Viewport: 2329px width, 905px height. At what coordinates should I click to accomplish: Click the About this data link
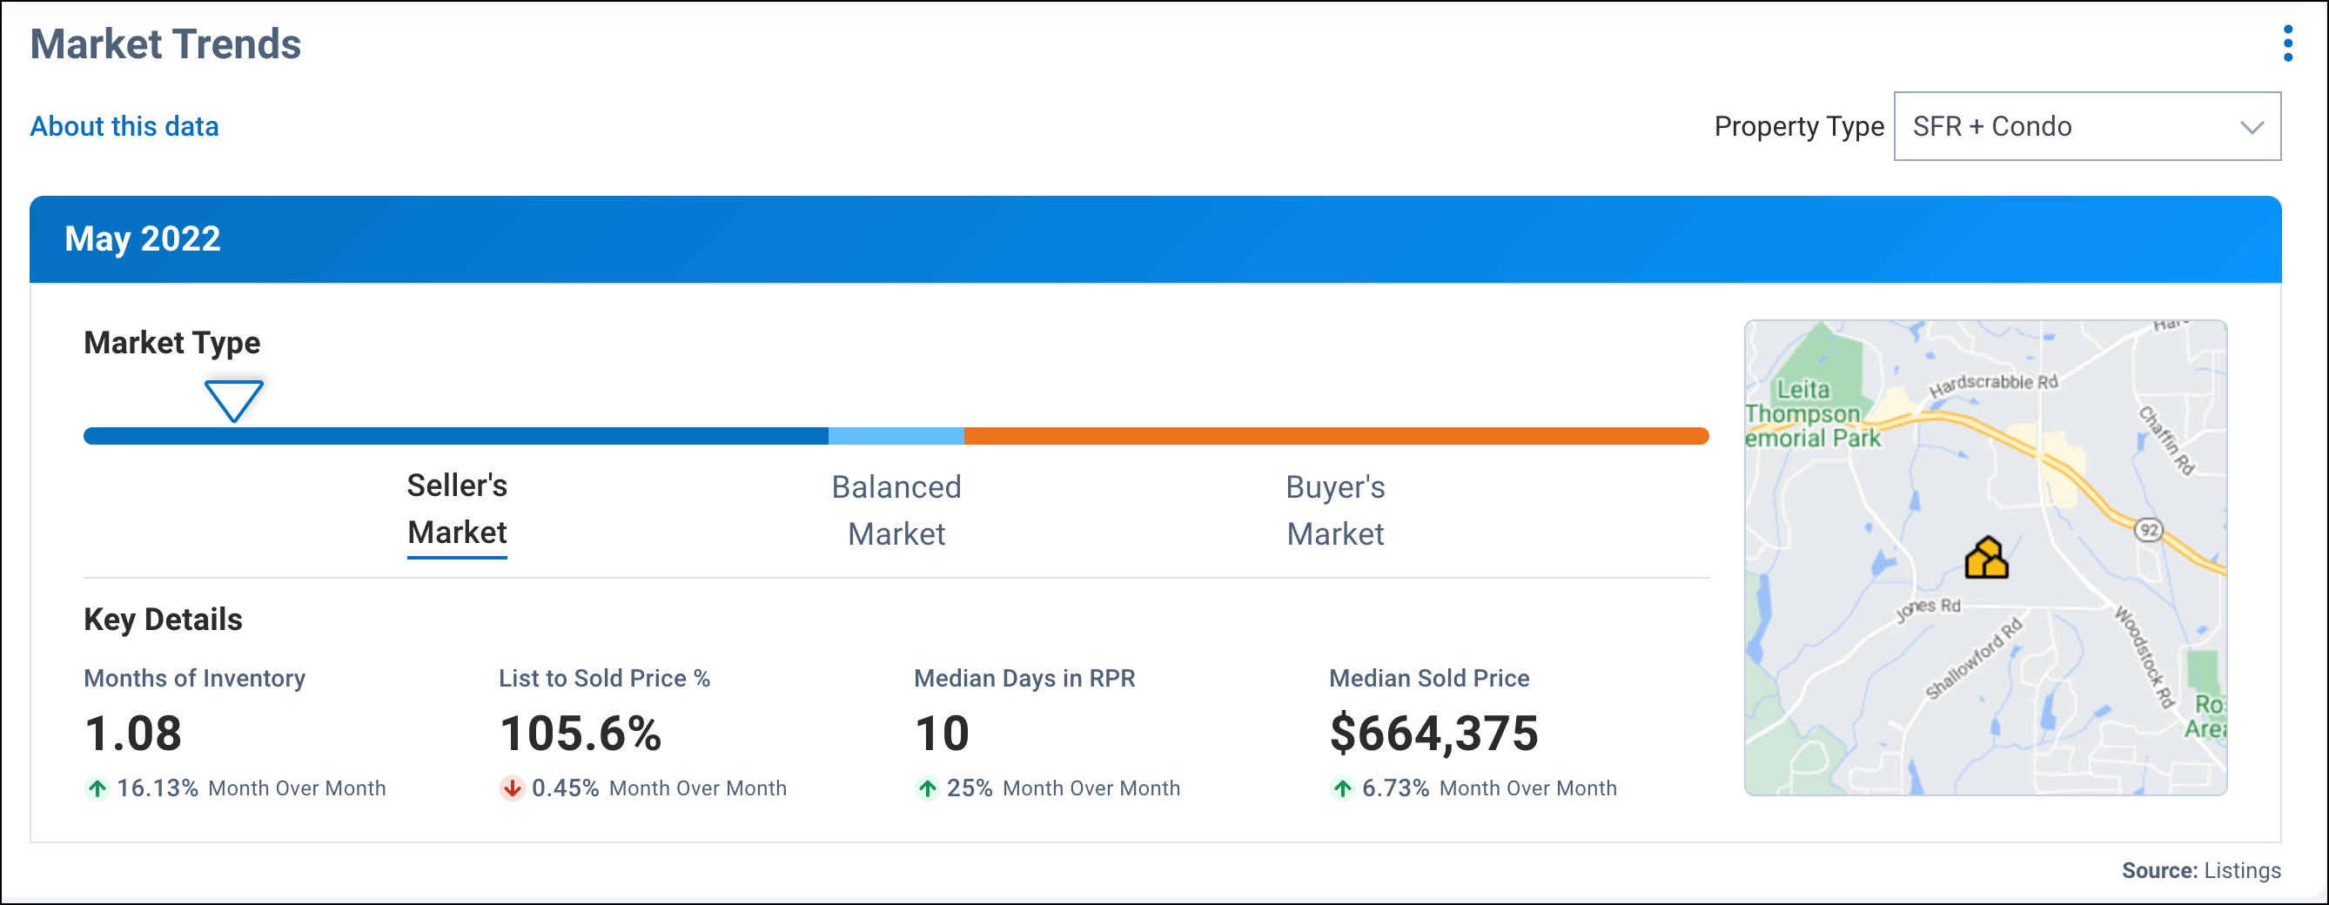124,126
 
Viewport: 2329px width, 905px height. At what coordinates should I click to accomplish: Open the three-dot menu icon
2287,44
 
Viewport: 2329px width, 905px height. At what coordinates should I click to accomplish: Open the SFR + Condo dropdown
2086,126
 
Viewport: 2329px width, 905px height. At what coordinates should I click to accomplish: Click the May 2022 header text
143,238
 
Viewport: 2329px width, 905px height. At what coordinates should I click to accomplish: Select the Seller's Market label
457,509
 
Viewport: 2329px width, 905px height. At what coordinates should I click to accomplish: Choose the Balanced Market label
896,510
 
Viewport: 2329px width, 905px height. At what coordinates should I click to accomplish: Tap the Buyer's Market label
1334,510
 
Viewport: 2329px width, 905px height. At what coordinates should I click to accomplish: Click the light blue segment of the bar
896,437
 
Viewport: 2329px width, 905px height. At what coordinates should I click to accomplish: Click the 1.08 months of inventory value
133,734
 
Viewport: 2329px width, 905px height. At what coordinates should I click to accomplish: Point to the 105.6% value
581,734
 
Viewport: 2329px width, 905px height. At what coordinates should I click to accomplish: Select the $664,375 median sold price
1433,734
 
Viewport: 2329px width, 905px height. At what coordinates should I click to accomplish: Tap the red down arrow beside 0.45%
512,788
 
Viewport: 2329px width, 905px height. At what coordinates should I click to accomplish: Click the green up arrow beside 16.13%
97,788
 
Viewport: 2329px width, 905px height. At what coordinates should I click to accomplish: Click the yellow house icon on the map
1985,559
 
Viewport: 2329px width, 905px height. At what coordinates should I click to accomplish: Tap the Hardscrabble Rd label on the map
1993,385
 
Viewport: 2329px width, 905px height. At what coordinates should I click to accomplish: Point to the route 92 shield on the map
2149,530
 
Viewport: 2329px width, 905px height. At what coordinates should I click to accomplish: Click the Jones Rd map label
1928,608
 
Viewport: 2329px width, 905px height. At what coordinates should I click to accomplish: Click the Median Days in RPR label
1024,678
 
